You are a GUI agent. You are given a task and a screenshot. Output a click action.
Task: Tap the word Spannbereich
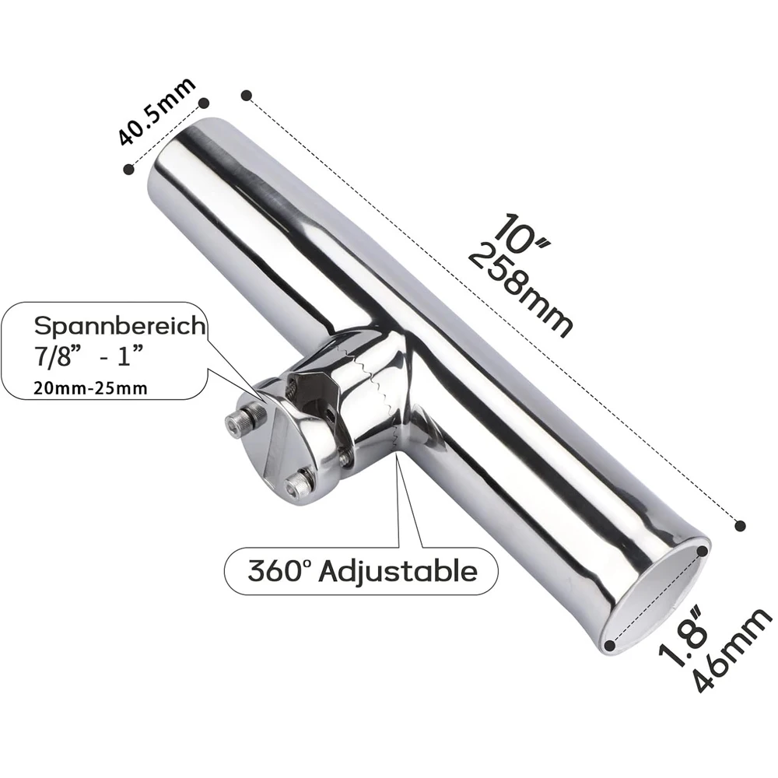[117, 326]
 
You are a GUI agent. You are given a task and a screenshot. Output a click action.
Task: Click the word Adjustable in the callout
[398, 572]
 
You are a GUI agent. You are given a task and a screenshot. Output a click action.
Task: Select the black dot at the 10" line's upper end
[247, 95]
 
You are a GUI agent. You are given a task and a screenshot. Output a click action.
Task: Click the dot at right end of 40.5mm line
[205, 102]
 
